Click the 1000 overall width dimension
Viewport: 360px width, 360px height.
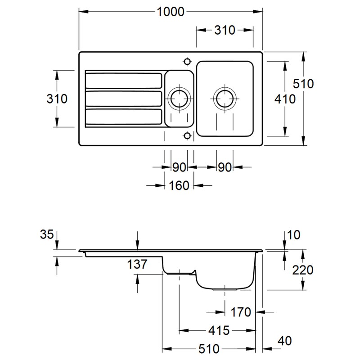(171, 12)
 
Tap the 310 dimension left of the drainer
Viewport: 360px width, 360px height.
(57, 99)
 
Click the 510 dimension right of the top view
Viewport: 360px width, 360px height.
(303, 83)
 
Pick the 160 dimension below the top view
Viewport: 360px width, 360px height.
(180, 185)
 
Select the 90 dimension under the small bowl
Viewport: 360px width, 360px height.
(179, 167)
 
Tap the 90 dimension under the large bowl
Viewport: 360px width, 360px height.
(225, 167)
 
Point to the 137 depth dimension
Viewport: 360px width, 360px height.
(137, 264)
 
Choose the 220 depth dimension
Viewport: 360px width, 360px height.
(303, 270)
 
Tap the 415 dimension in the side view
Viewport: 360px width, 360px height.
(220, 331)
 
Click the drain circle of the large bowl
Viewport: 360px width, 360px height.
(225, 98)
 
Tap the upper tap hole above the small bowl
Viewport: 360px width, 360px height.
(187, 61)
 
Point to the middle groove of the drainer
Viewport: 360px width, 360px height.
(124, 98)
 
